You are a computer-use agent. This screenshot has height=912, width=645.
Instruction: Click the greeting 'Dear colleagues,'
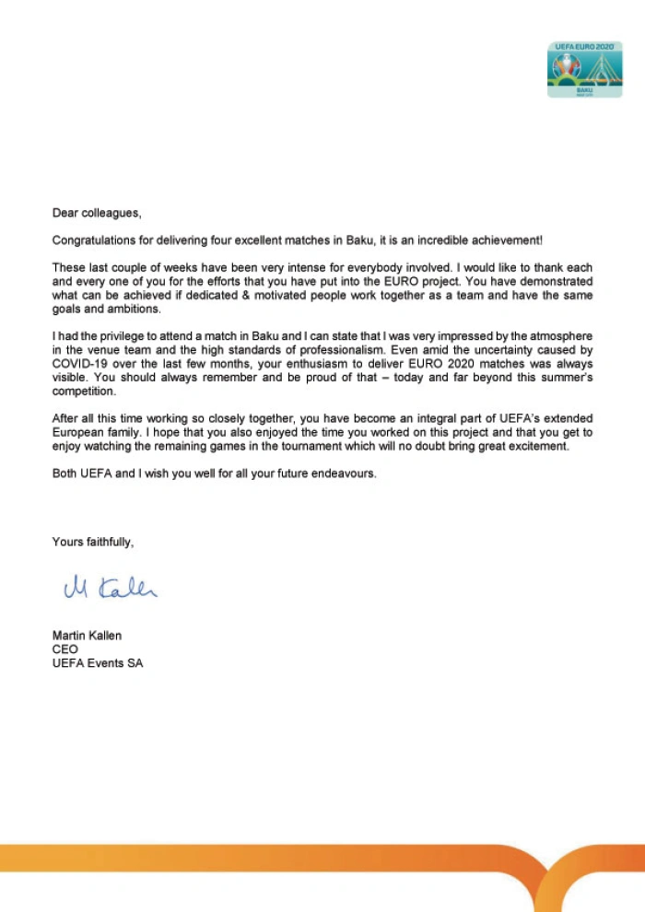tap(97, 214)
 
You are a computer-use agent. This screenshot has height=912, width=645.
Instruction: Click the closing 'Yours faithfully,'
tap(93, 543)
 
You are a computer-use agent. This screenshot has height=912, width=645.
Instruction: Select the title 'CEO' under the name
tap(65, 649)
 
